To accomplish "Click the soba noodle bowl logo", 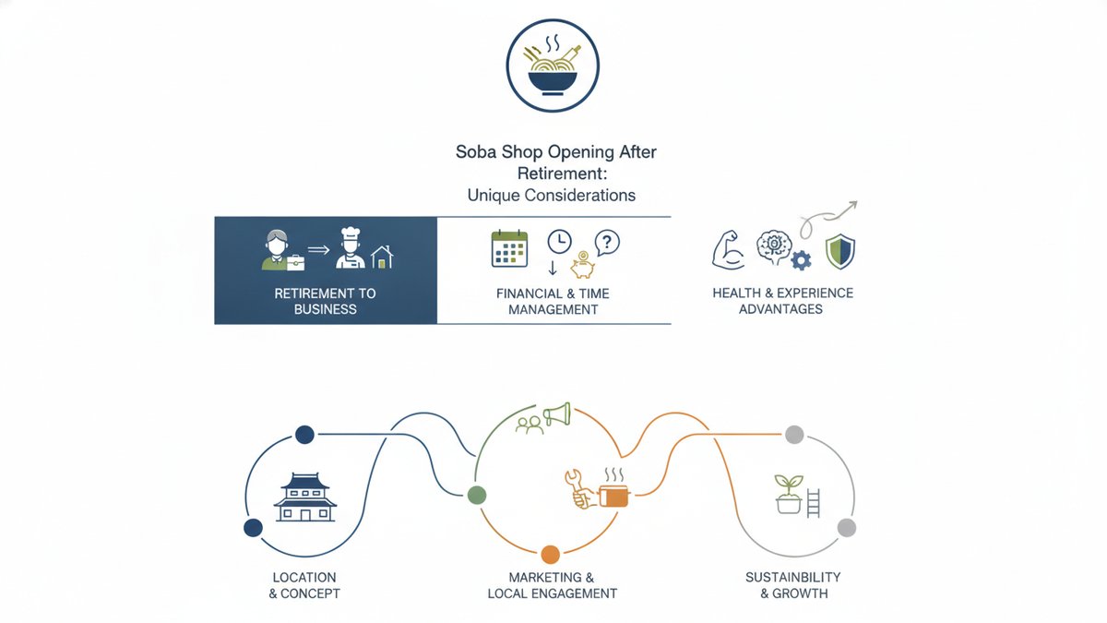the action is pos(553,66).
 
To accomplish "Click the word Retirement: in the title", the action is pos(563,174).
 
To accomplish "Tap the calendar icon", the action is pos(509,248).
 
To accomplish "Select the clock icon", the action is pos(559,242).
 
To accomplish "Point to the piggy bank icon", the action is pos(583,265).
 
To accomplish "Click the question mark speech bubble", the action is pos(607,242).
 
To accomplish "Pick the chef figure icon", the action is pos(350,247).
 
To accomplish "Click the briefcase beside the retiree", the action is pos(295,262).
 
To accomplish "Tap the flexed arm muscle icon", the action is pos(728,250).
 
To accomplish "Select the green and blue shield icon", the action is pos(840,252).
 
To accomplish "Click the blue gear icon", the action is pos(801,260).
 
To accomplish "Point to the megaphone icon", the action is pos(557,414).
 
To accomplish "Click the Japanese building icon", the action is pos(305,497).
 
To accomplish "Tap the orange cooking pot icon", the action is pos(613,490).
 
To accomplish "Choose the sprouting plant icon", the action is pos(788,494).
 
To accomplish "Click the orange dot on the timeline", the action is pos(550,555).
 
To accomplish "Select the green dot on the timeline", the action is pos(477,495).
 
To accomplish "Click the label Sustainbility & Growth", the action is pos(793,585).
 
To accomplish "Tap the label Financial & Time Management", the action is pos(553,301).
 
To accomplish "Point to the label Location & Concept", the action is pos(304,585).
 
